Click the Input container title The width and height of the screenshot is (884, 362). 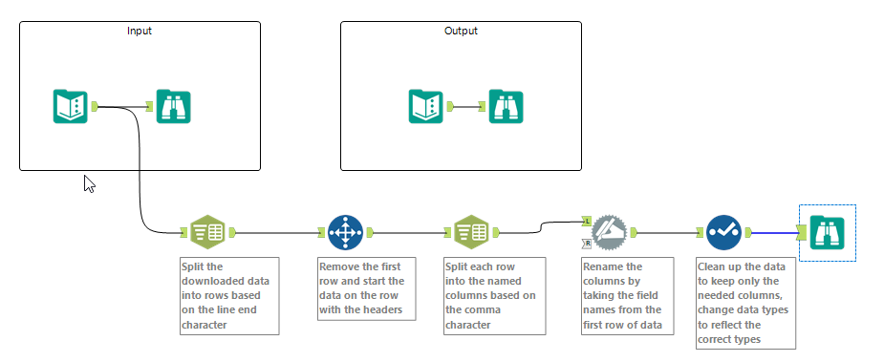(140, 31)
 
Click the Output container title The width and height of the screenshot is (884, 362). (461, 31)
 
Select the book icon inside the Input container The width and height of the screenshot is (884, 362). (71, 106)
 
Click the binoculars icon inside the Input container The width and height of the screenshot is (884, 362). (174, 106)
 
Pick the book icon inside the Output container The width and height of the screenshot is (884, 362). (426, 106)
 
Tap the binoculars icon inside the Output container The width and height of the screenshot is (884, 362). (507, 106)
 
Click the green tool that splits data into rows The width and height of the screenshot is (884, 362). (207, 231)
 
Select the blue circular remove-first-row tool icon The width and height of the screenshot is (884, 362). (345, 231)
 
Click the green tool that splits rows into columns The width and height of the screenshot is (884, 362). (471, 231)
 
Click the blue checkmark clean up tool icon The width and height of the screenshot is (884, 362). (723, 231)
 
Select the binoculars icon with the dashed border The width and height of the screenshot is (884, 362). (827, 232)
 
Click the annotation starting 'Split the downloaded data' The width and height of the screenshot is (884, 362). (229, 294)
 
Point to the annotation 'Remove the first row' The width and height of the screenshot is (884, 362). (367, 287)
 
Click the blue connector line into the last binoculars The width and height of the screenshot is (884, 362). (774, 231)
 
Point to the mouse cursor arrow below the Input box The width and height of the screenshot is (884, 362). (89, 183)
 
